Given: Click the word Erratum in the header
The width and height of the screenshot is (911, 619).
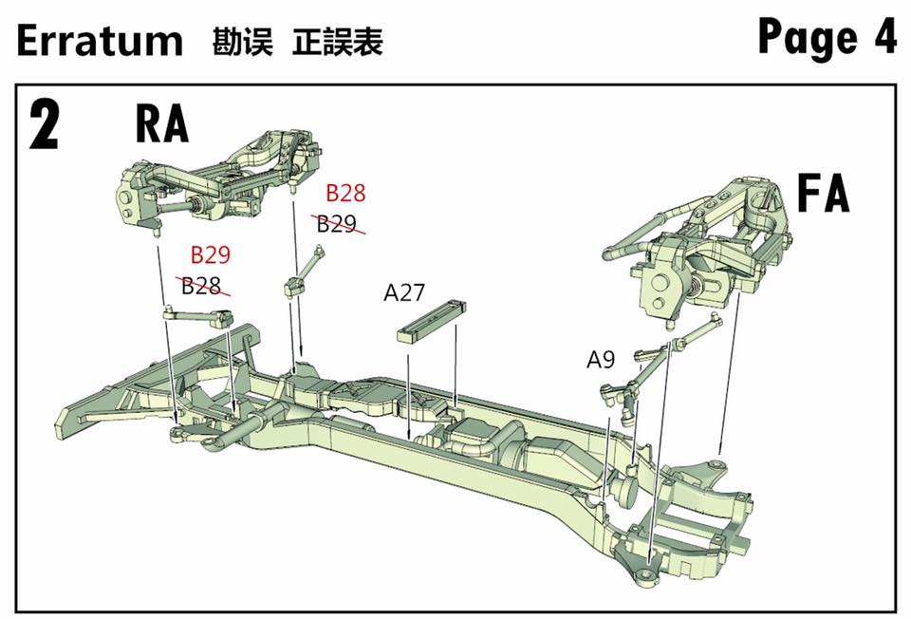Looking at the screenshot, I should pos(100,41).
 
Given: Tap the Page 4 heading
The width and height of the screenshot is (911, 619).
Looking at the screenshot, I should pos(827,38).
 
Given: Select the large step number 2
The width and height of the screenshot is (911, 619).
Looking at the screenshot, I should pos(46,124).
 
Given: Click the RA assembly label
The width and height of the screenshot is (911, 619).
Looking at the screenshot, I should pos(162,123).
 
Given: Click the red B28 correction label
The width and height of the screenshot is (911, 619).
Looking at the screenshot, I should pos(345,194).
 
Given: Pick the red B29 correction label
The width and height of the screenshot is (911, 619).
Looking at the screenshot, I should pos(211,254).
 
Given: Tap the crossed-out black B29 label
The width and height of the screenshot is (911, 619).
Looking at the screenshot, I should pos(337,224).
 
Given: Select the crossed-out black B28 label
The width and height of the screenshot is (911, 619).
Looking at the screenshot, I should pos(202,286).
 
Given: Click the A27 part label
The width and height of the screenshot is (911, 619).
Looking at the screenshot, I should pos(404,292).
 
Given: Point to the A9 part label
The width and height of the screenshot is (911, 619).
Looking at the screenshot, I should pos(601,360).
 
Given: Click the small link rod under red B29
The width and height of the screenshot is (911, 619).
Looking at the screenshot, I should pos(199,315).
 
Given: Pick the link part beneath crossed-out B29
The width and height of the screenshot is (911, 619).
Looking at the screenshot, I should pos(303,272).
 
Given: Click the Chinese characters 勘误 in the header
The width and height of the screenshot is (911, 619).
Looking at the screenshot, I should pos(243,43).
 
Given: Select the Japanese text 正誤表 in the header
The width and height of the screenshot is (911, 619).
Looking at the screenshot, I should pos(339,43).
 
